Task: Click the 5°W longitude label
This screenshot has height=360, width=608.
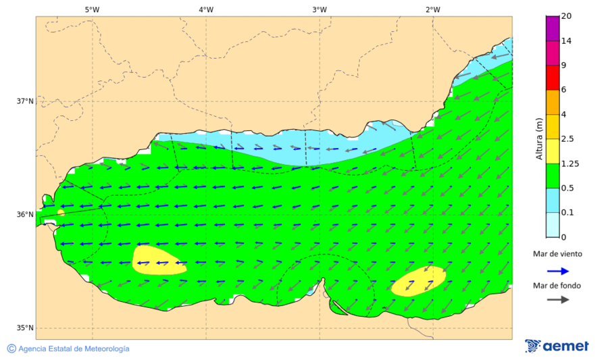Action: pyautogui.click(x=93, y=9)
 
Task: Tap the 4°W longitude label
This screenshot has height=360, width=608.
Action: pyautogui.click(x=206, y=9)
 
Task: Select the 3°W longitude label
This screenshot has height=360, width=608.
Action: pyautogui.click(x=320, y=9)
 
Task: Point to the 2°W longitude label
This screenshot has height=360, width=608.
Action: pyautogui.click(x=433, y=9)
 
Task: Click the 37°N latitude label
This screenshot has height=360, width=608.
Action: pyautogui.click(x=25, y=101)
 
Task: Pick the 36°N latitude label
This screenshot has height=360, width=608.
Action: pyautogui.click(x=25, y=215)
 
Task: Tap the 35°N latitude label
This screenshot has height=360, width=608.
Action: pyautogui.click(x=25, y=328)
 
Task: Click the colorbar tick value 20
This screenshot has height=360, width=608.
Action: pyautogui.click(x=567, y=16)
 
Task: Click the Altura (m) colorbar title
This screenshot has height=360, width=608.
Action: pyautogui.click(x=539, y=138)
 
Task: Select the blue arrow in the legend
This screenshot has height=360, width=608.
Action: pyautogui.click(x=557, y=270)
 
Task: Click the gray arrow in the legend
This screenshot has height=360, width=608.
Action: pyautogui.click(x=557, y=300)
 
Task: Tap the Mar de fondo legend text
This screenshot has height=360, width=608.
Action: pyautogui.click(x=557, y=286)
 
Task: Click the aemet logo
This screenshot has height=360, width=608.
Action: pyautogui.click(x=557, y=346)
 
